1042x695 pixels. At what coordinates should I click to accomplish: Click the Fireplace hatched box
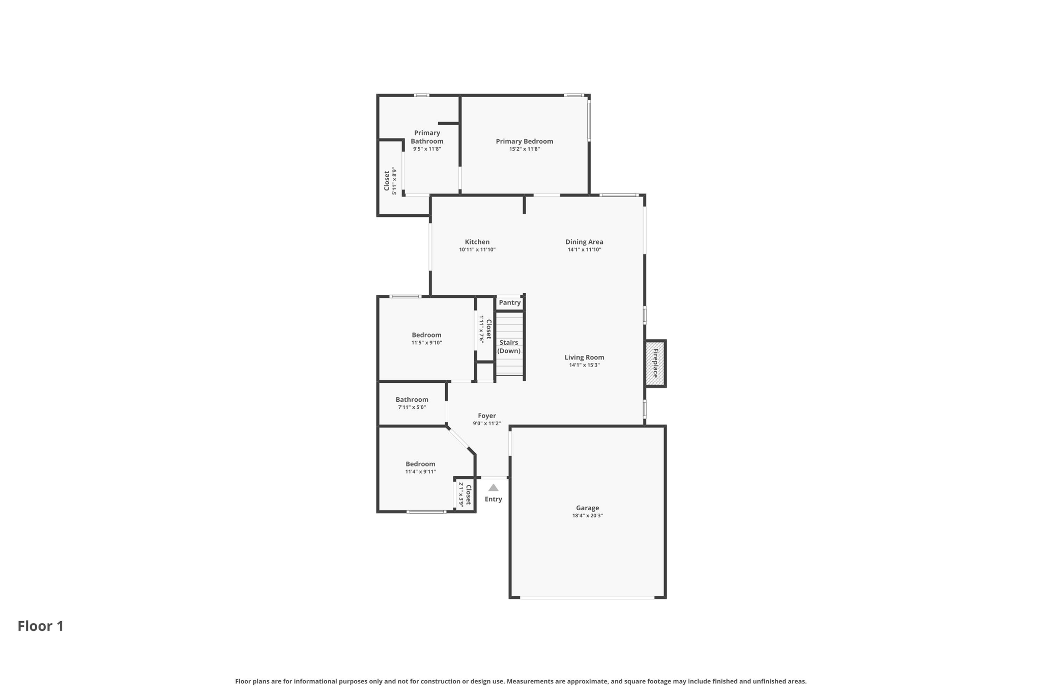tap(655, 364)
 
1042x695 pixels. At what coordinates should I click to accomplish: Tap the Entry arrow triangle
tap(494, 488)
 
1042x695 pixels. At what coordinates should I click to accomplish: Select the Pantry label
tap(510, 302)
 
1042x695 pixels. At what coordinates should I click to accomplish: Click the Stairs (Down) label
tap(509, 347)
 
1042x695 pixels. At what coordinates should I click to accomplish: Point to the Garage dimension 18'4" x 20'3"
tap(588, 516)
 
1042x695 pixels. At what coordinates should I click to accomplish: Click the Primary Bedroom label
tap(525, 142)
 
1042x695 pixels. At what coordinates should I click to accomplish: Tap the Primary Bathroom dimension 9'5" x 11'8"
tap(427, 149)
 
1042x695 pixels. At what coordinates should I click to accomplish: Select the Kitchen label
tap(477, 242)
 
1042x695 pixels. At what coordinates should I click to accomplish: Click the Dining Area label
tap(585, 242)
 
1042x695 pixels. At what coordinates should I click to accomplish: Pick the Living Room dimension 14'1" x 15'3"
tap(585, 365)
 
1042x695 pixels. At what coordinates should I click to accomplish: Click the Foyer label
tap(487, 416)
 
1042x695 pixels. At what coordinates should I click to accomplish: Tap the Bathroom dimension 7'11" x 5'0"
tap(412, 407)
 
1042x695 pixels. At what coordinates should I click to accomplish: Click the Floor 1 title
tap(41, 626)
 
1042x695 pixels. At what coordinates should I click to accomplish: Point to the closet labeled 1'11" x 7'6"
tap(485, 329)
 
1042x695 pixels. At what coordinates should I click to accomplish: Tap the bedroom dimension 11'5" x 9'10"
tap(427, 343)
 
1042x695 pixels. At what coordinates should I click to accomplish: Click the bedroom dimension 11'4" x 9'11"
tap(421, 471)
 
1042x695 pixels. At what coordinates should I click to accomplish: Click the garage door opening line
tap(587, 597)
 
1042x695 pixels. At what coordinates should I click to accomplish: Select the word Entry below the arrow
tap(494, 499)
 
